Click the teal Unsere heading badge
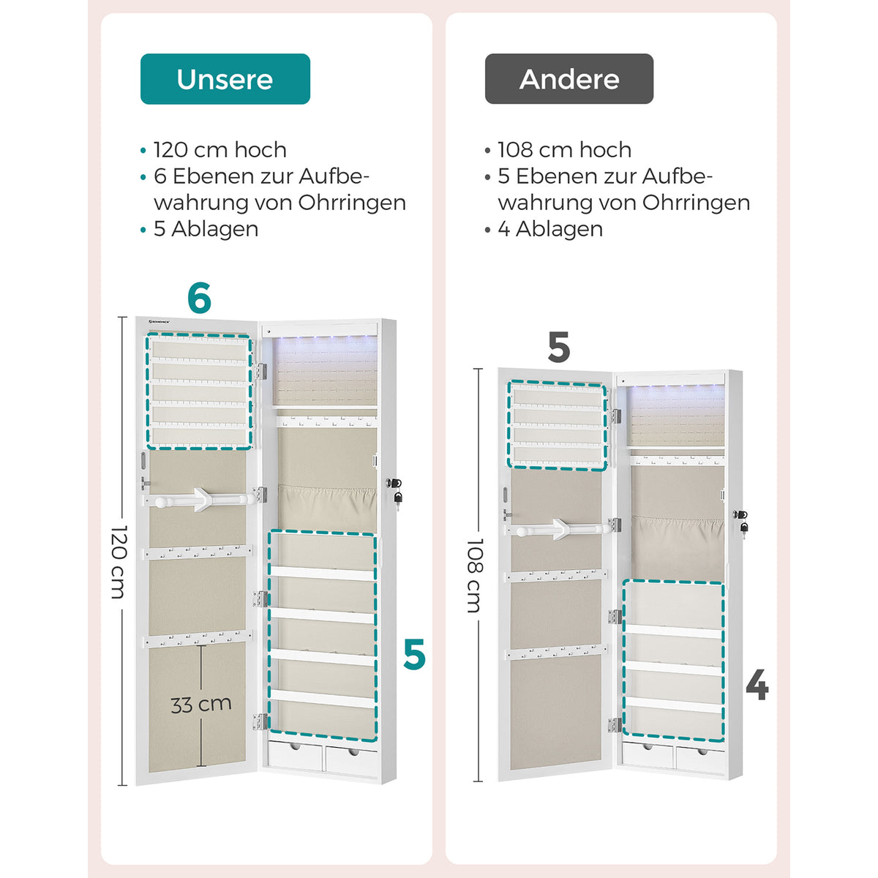225,79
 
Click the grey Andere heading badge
569,79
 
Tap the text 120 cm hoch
220,150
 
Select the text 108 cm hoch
565,150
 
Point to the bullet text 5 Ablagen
206,229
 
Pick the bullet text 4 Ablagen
550,229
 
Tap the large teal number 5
414,654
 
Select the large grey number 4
757,685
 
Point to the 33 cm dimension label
201,705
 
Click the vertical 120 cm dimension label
119,561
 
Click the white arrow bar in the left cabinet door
200,500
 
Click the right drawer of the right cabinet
700,759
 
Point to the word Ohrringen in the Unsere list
352,203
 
